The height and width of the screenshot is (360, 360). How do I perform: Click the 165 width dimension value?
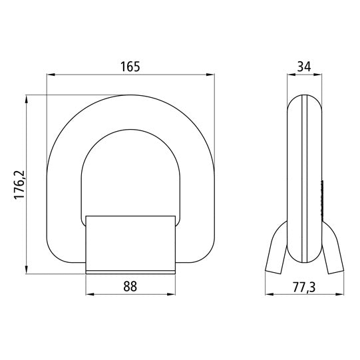point(131,67)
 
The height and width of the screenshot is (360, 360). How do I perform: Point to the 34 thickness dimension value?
point(303,67)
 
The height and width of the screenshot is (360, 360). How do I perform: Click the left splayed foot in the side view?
point(276,256)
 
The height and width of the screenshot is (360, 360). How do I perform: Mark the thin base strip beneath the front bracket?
point(131,271)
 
